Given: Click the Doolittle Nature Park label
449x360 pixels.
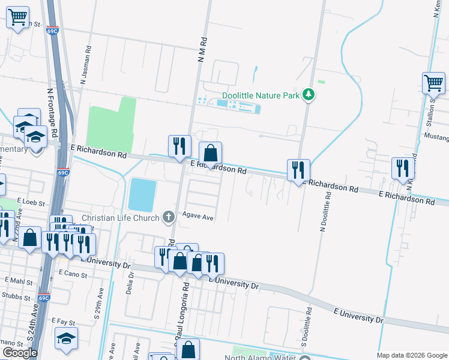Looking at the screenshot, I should [261, 95].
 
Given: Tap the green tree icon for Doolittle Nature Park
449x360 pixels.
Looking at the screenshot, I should [309, 94].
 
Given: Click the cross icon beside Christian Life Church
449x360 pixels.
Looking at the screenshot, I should [169, 217].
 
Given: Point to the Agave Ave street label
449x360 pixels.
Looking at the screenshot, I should [199, 217].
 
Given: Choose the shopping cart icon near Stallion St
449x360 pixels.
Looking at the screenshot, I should [433, 83].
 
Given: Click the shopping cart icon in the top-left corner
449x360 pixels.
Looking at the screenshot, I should [18, 17].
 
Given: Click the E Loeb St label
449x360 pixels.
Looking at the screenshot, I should [31, 203].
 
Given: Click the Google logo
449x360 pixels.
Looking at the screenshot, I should [20, 353].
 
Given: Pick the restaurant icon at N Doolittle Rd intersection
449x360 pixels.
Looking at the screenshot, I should [298, 170].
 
